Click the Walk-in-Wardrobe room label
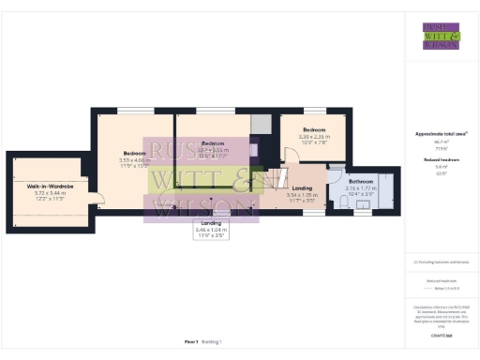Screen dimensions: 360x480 [50, 187]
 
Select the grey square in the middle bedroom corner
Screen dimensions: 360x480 [260, 124]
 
